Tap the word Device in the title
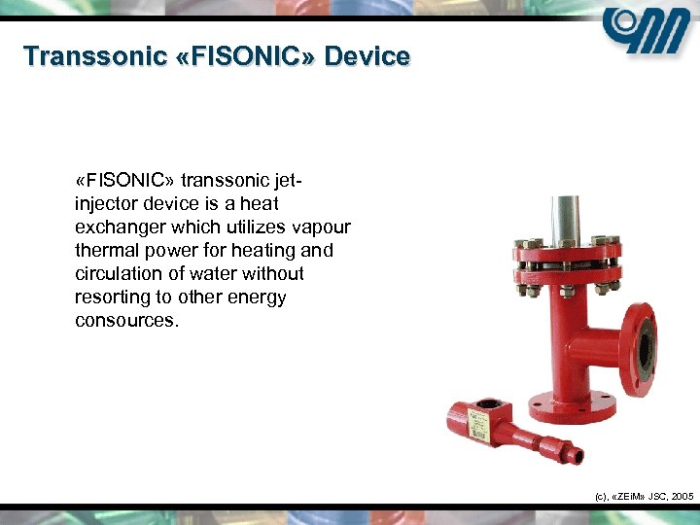pos(367,56)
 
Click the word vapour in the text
pos(323,227)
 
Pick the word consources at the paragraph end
pos(126,321)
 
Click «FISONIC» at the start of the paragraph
pos(113,181)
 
